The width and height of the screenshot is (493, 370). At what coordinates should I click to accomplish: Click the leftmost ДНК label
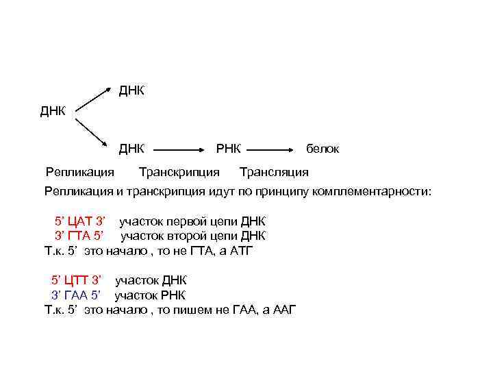tap(53, 111)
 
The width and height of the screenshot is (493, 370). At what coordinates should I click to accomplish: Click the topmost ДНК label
tap(131, 90)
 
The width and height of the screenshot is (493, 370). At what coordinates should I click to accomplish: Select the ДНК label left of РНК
tap(131, 149)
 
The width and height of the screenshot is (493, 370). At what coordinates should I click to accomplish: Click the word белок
tap(322, 149)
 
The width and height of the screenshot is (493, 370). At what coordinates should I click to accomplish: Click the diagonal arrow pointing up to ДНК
tap(92, 98)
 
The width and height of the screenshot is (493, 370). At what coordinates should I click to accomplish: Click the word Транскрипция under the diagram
tap(179, 171)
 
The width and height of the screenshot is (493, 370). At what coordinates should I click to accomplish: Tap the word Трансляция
tap(274, 171)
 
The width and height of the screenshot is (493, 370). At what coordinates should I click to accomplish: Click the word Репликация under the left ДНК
tap(80, 171)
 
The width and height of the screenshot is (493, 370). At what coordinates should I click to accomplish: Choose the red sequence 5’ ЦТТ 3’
tap(77, 281)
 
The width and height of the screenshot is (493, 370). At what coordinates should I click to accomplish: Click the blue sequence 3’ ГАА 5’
tap(77, 295)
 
